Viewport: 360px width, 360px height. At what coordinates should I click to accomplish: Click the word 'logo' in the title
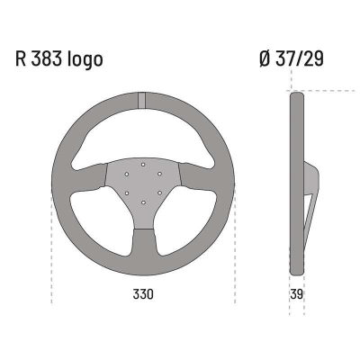pyautogui.click(x=85, y=60)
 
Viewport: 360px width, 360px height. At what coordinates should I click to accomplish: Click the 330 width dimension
pyautogui.click(x=143, y=294)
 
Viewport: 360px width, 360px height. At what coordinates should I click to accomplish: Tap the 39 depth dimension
pyautogui.click(x=296, y=294)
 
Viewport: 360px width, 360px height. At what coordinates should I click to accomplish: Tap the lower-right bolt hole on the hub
pyautogui.click(x=158, y=193)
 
